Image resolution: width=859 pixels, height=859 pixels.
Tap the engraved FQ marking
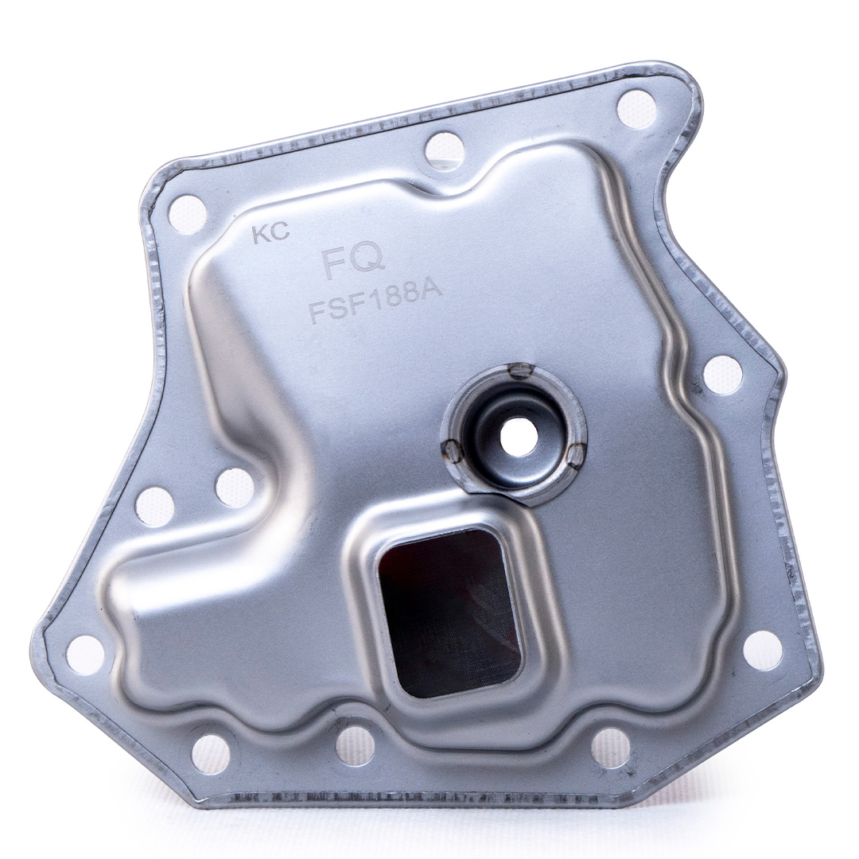[354, 263]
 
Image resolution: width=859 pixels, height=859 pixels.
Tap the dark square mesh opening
[450, 612]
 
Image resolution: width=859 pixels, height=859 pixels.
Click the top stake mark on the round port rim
[520, 369]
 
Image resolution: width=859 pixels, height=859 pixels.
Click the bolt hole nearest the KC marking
[188, 214]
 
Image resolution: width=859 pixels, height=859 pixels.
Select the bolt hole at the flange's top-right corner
[637, 109]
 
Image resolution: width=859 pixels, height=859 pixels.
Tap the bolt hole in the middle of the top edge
[444, 150]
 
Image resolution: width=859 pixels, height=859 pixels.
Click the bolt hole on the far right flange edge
[723, 374]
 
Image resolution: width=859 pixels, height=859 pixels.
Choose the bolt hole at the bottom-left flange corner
[85, 655]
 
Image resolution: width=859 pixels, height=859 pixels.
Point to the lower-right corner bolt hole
[763, 650]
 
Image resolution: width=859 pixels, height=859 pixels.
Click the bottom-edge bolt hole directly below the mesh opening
[355, 745]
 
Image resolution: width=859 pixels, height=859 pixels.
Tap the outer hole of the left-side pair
[154, 506]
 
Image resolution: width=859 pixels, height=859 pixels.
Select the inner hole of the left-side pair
[235, 487]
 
